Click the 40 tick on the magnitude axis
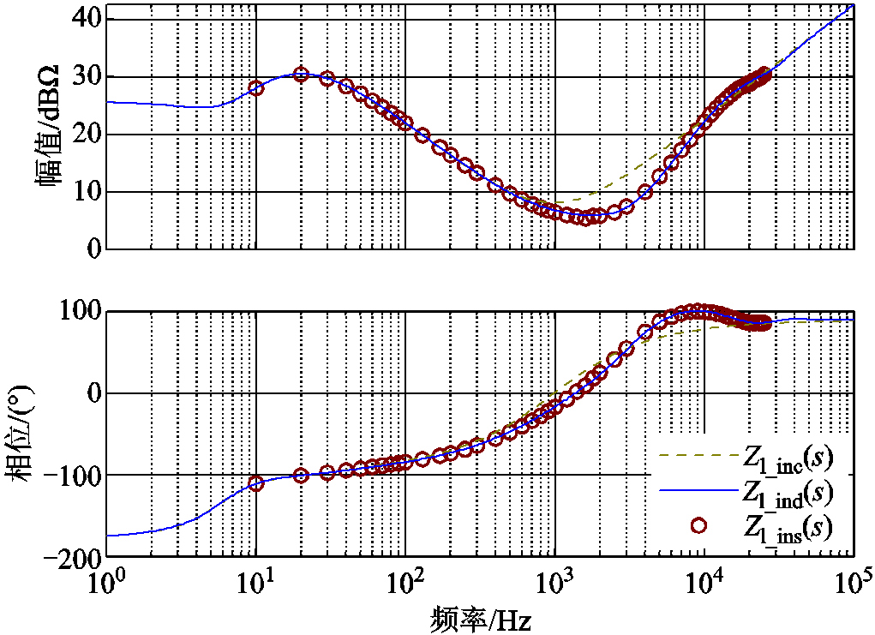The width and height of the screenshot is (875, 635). (83, 19)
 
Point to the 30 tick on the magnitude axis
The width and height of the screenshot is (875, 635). (83, 77)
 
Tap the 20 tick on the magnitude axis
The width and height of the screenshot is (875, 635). (83, 135)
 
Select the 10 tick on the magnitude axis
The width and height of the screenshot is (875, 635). (83, 192)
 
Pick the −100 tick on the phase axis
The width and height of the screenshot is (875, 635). (70, 475)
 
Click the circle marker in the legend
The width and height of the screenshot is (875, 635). (698, 525)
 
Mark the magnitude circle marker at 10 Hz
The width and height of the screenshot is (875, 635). (256, 88)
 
